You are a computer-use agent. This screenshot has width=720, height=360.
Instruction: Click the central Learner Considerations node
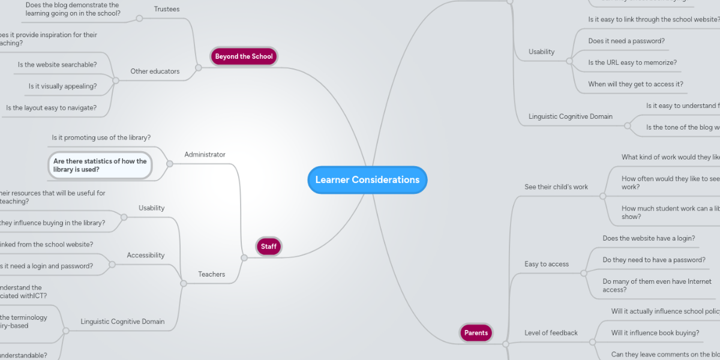[x=367, y=180]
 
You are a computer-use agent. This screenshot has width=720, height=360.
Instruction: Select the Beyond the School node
[x=244, y=56]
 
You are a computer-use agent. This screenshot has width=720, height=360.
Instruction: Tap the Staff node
[x=268, y=246]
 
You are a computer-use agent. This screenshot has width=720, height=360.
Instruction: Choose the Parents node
[x=476, y=332]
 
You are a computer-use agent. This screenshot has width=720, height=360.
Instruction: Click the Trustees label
[x=166, y=9]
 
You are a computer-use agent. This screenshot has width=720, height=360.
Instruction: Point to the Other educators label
[x=155, y=71]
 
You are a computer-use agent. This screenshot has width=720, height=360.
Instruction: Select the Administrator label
[x=205, y=154]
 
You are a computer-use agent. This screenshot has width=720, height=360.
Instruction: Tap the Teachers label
[x=211, y=274]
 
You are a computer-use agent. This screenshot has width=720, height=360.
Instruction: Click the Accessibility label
[x=145, y=255]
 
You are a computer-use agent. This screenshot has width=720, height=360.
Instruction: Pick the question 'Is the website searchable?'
[x=57, y=64]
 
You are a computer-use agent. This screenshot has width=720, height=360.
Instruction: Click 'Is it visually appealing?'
[x=62, y=86]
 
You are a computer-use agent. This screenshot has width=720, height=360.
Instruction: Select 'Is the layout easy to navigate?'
[x=51, y=108]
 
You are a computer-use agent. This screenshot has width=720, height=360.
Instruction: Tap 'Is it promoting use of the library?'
[x=101, y=137]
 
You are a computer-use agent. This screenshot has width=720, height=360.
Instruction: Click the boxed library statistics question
[x=100, y=165]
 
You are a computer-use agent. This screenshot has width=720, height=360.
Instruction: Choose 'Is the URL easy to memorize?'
[x=632, y=62]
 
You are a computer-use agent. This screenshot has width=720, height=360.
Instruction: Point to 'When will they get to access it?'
[x=635, y=84]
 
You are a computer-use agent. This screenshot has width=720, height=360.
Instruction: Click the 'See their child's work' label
[x=556, y=187]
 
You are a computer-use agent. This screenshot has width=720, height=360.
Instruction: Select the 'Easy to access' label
[x=547, y=263]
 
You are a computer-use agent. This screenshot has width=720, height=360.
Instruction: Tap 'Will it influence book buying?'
[x=655, y=332]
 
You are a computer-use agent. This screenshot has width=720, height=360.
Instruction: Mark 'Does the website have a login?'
[x=649, y=238]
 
